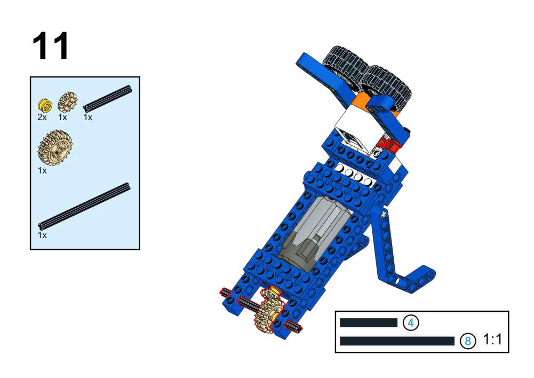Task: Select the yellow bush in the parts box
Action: [x=45, y=105]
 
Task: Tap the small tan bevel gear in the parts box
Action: [x=68, y=103]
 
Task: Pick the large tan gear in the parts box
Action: [x=55, y=148]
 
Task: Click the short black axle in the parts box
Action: [x=107, y=99]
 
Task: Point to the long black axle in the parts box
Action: [x=84, y=206]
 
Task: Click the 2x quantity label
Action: [x=42, y=117]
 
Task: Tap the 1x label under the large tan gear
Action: [x=42, y=170]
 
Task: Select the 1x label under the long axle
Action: [x=42, y=235]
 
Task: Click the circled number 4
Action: [x=411, y=322]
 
